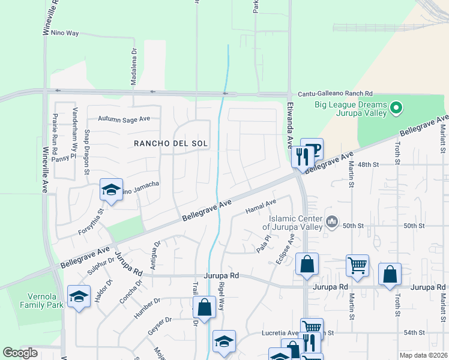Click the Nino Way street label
65,33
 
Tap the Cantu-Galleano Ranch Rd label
336,94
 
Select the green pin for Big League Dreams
396,109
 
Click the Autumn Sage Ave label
124,119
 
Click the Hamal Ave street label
261,207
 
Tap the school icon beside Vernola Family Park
79,296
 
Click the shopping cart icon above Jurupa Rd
357,265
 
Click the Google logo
20,353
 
